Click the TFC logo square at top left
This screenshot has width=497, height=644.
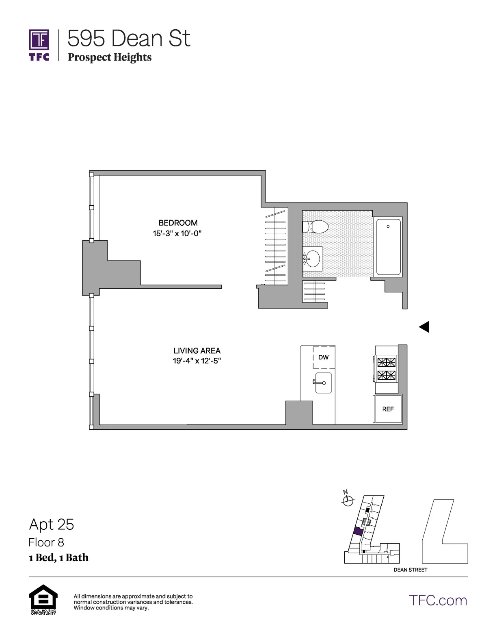click(39, 39)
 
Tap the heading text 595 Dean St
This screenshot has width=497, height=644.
click(129, 39)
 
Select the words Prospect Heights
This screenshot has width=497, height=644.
click(110, 57)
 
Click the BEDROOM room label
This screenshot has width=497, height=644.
click(178, 223)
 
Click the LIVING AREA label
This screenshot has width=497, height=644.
click(197, 350)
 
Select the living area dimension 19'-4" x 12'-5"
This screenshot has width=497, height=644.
click(197, 361)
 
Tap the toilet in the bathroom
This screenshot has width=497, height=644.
click(315, 227)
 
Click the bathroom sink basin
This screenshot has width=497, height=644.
click(313, 258)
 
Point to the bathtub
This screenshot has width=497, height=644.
click(389, 247)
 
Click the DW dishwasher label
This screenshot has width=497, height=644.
click(324, 357)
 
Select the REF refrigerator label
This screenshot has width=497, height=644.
click(388, 409)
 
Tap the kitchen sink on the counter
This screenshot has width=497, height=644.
click(324, 383)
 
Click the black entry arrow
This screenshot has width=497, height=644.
click(424, 326)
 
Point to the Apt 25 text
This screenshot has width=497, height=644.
click(52, 524)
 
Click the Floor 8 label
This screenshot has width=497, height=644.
click(46, 542)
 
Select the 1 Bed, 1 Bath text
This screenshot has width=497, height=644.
click(58, 557)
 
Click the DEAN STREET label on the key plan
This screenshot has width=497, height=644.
click(410, 570)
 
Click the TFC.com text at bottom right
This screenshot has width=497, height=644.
click(438, 600)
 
